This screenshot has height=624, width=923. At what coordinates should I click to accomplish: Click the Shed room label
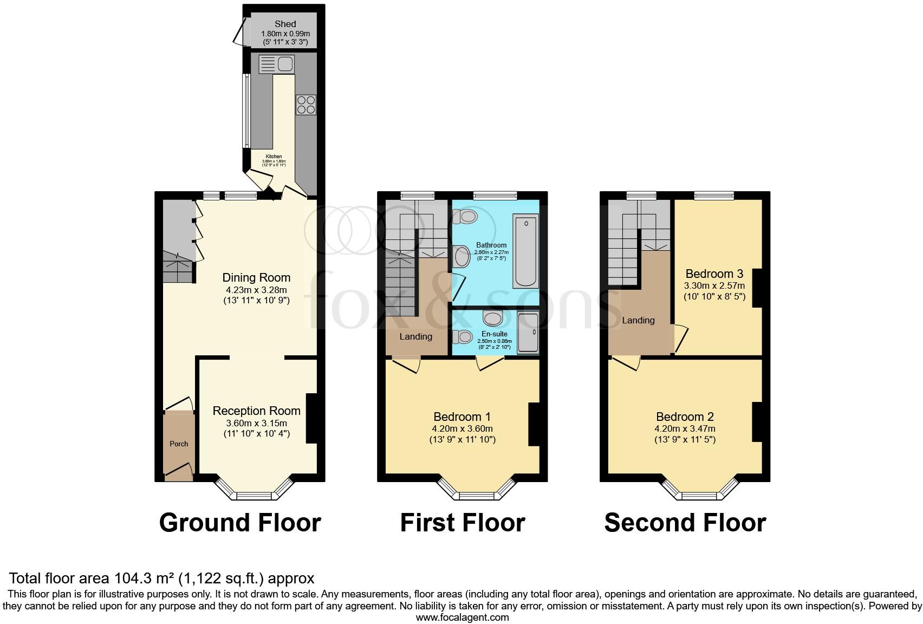(x=285, y=24)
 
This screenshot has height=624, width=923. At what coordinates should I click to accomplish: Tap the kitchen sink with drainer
(x=276, y=64)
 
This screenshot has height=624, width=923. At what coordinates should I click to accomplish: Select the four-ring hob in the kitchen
(x=306, y=105)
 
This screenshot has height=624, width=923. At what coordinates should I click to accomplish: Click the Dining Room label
(x=256, y=277)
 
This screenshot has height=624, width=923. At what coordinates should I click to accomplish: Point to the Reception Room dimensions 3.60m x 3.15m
(x=256, y=423)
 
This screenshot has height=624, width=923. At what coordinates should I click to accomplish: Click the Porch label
(x=179, y=444)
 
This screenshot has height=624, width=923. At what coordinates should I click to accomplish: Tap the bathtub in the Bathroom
(x=525, y=250)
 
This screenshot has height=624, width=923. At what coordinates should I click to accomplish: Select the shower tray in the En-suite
(x=528, y=333)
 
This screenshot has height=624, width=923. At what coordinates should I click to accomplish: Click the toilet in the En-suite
(x=464, y=337)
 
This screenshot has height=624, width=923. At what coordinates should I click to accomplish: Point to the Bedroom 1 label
(x=462, y=417)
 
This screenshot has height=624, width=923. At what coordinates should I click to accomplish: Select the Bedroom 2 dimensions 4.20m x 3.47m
(x=685, y=428)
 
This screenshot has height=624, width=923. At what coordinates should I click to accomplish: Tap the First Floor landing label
(x=415, y=336)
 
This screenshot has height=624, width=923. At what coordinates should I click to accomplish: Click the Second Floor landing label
(x=638, y=320)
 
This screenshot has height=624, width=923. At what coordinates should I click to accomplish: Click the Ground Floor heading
(x=240, y=523)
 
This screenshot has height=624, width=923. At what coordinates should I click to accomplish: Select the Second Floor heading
(x=685, y=523)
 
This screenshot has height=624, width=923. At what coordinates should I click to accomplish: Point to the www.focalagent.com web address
(x=462, y=617)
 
